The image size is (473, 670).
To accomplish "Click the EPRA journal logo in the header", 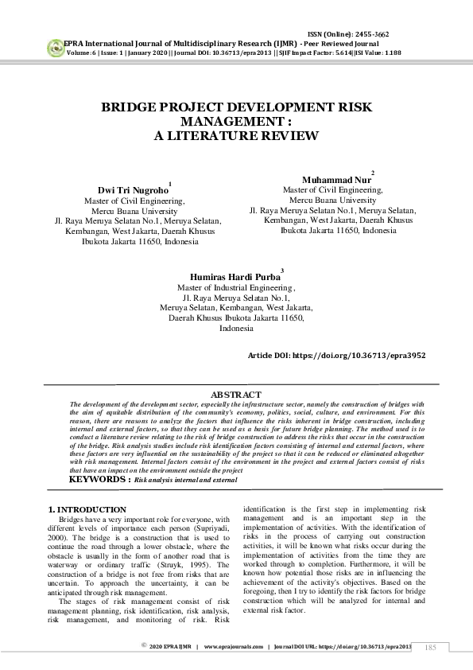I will (54, 46).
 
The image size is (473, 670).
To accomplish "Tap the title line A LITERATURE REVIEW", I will (235, 136).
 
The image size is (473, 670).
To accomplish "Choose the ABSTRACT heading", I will (235, 395).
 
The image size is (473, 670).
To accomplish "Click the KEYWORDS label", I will (100, 480).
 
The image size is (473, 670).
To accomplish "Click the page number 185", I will (432, 648).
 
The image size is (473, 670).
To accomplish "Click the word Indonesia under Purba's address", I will (236, 328).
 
